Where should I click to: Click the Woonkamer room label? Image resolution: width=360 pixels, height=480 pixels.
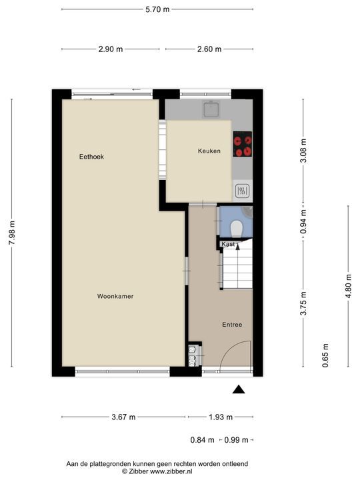point(115,296)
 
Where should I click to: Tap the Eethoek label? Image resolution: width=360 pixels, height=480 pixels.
point(91,157)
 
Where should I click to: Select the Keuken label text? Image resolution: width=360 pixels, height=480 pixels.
point(209,151)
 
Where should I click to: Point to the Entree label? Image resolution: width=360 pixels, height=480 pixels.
point(232,325)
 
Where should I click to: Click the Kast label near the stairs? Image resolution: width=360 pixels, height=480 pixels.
point(228,244)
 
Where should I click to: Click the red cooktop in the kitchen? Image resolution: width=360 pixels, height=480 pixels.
point(243,144)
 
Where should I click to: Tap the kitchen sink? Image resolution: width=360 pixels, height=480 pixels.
point(211,109)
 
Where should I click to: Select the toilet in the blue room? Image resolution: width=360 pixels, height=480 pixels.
point(237,229)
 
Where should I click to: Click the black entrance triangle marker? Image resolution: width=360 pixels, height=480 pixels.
point(239,389)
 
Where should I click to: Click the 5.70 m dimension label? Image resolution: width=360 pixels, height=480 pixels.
point(157,9)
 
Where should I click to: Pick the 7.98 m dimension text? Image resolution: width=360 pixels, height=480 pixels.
point(12,233)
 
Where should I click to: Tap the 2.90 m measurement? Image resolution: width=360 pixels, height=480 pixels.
point(111,49)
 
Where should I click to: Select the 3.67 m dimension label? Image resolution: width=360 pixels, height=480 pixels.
point(123,417)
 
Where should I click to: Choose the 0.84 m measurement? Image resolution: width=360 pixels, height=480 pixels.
point(203,440)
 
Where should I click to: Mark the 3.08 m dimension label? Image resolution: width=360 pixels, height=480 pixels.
point(303,151)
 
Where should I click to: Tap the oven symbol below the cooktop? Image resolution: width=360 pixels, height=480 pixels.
point(243,191)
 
